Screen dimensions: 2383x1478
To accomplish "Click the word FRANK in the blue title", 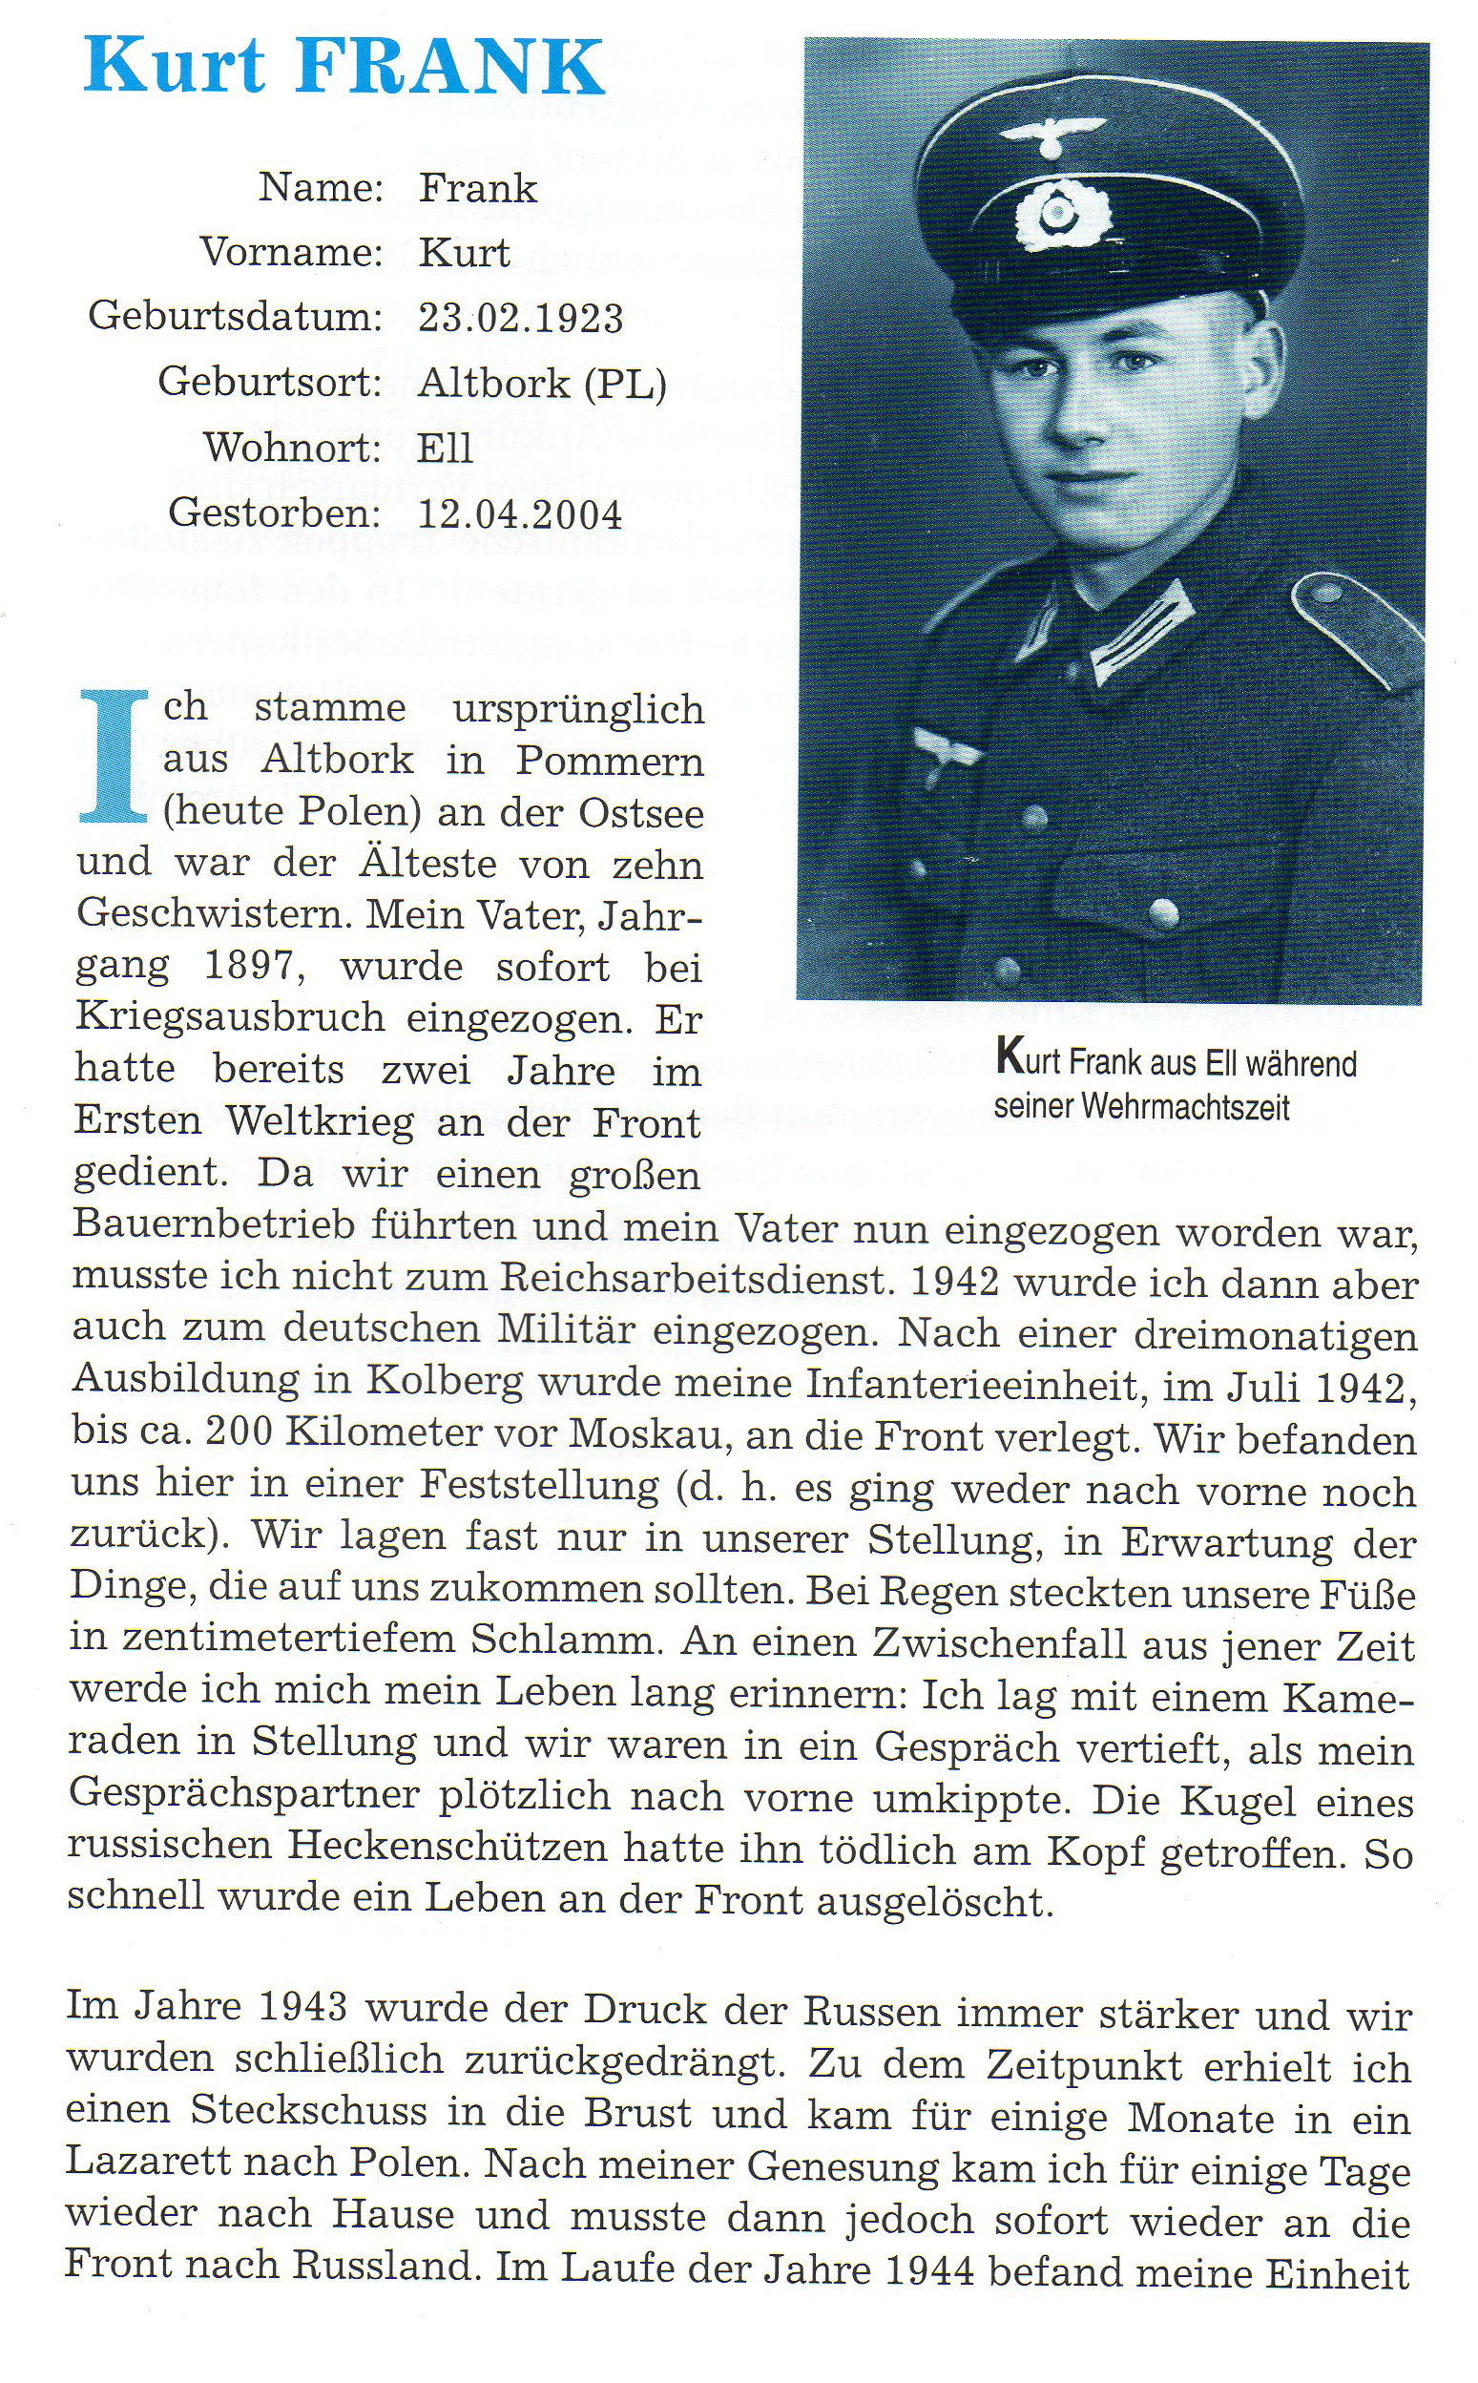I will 450,67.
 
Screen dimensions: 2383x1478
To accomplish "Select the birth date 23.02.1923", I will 520,318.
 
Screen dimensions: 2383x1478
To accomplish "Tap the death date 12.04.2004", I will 519,514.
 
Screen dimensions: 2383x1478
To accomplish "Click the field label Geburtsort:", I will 270,382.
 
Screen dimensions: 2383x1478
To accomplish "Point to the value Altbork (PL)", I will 542,383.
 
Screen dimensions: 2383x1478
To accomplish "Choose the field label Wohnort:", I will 292,448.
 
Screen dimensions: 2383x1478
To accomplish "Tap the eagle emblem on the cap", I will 1052,135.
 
